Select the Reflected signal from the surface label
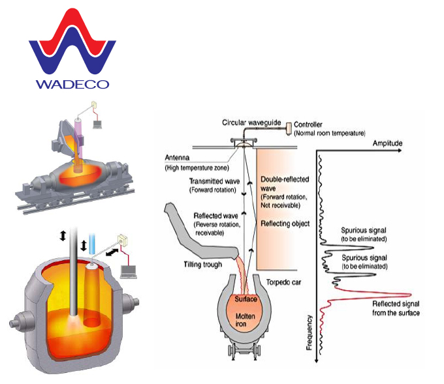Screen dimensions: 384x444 coord(396,308)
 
